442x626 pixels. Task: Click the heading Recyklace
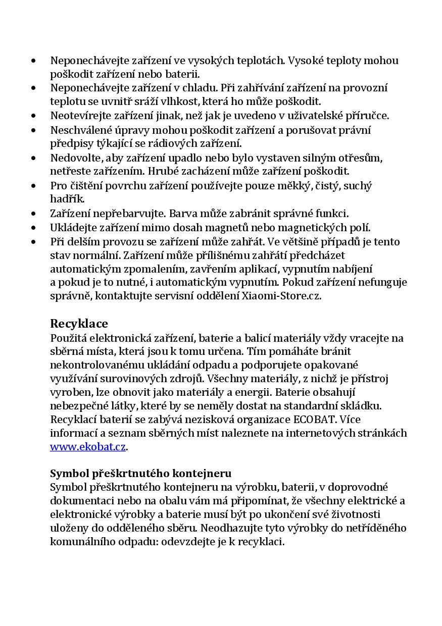point(79,323)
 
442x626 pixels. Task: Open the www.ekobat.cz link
point(88,447)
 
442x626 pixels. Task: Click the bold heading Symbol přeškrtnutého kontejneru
point(140,474)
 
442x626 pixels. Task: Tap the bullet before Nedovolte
point(33,158)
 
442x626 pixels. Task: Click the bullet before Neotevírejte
point(33,116)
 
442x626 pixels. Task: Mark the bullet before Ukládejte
point(33,228)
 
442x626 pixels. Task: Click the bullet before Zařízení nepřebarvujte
point(33,214)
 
